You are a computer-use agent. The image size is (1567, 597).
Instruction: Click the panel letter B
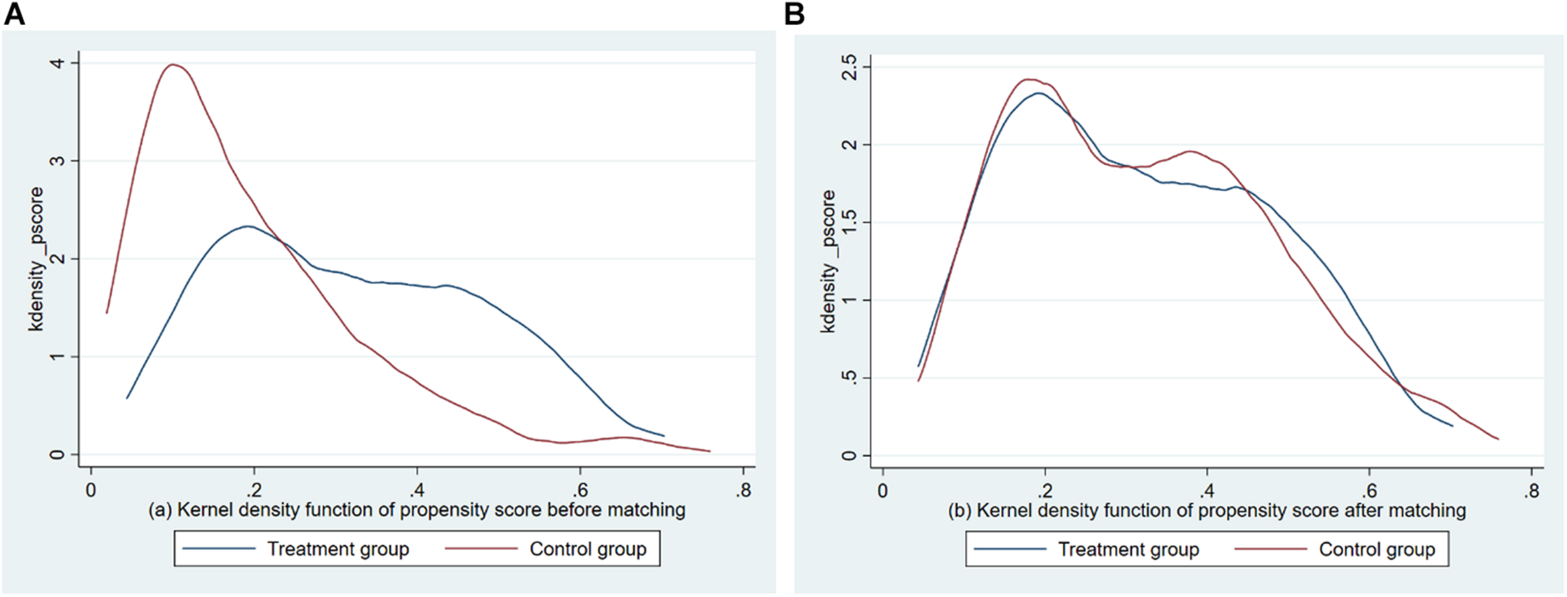coord(794,13)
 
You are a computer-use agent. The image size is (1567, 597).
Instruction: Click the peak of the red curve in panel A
coord(174,64)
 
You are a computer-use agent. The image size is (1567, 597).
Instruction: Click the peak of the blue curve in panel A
coord(248,226)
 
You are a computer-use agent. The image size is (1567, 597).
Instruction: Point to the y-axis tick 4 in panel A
coord(57,63)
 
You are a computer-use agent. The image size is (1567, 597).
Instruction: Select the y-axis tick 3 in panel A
coord(57,161)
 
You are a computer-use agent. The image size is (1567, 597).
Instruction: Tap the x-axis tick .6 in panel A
coord(580,490)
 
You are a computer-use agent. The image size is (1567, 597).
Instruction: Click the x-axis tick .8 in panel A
coord(743,490)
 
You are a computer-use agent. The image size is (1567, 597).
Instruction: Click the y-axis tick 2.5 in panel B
coord(849,67)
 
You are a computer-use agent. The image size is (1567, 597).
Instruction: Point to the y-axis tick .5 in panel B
coord(849,378)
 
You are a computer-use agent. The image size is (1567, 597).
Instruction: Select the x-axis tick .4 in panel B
coord(1207,491)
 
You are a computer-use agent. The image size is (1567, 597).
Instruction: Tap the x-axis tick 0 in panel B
coord(883,491)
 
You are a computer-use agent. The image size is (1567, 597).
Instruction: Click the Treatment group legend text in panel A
coord(338,549)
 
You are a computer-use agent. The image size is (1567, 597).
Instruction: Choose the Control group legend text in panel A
coord(587,549)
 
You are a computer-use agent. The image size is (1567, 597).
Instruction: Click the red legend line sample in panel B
coord(1271,549)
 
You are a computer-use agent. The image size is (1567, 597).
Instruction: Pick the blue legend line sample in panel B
coord(1010,549)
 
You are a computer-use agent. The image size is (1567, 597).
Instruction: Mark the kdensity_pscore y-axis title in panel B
coord(828,261)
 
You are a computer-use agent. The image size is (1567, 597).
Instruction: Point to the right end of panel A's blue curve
coord(663,435)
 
